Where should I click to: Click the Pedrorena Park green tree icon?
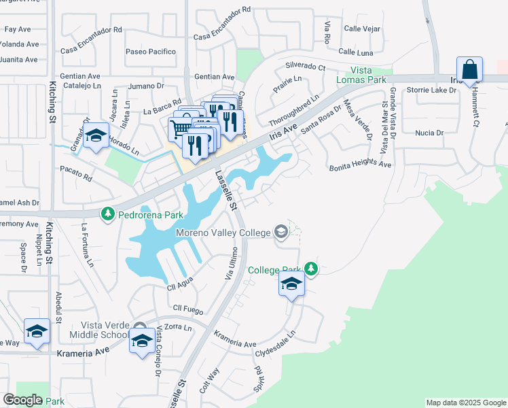[x=107, y=214]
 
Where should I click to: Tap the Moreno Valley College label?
[x=223, y=233]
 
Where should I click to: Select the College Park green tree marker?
[x=311, y=269]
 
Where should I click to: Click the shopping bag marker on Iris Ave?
[x=469, y=69]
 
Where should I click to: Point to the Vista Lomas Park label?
[x=370, y=75]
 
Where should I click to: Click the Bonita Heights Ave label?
[x=360, y=165]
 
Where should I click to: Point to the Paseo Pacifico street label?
[x=151, y=52]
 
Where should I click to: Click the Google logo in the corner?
[x=23, y=399]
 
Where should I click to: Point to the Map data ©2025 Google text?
[x=466, y=403]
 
